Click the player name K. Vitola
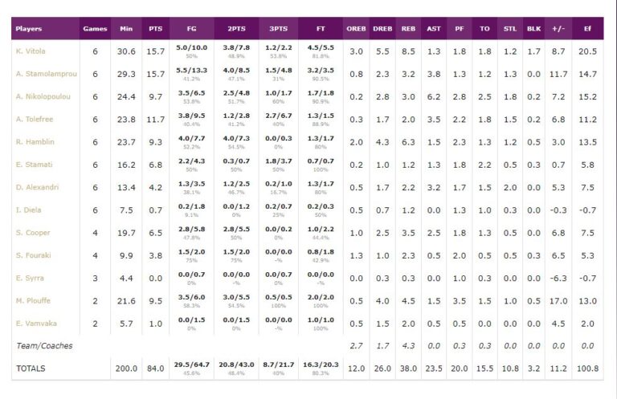[x=31, y=51]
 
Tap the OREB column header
[x=356, y=29]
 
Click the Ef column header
[x=587, y=29]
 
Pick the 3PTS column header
[x=279, y=29]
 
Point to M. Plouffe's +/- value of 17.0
[x=558, y=300]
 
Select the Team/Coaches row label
[x=44, y=345]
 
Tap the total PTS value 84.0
[x=155, y=368]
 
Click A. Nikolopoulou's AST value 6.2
[x=434, y=96]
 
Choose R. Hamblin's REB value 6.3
[x=408, y=142]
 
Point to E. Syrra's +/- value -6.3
[x=558, y=278]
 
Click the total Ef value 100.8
[x=587, y=368]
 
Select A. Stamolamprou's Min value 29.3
[x=126, y=74]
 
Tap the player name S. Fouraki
[x=32, y=255]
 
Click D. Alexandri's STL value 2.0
[x=510, y=187]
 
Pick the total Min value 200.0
[x=126, y=368]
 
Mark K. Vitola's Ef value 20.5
[x=587, y=51]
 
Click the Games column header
[x=95, y=29]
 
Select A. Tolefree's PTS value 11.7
[x=155, y=120]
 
